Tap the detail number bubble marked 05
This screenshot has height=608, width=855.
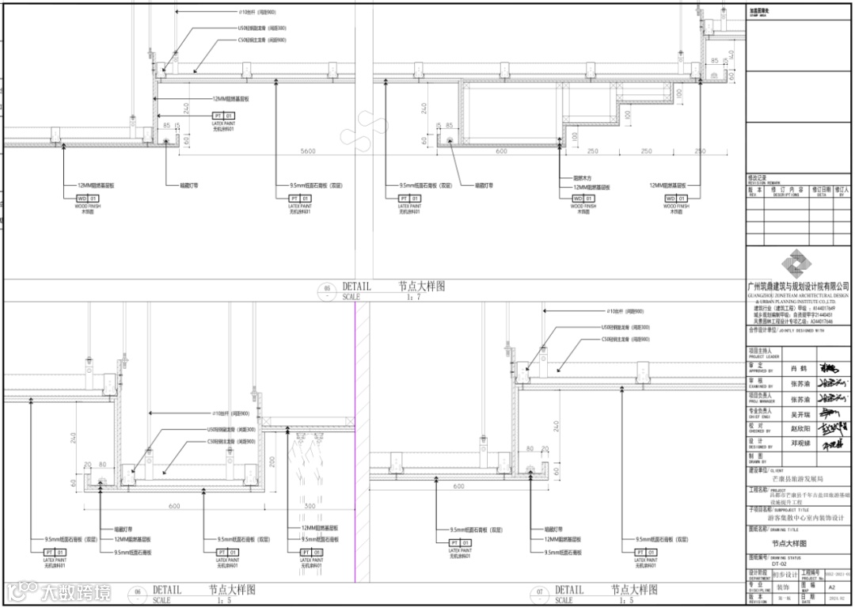(x=327, y=289)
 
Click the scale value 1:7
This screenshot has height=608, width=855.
(x=412, y=297)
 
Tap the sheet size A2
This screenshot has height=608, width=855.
(x=831, y=588)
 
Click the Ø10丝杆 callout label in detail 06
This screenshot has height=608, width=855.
(x=230, y=413)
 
